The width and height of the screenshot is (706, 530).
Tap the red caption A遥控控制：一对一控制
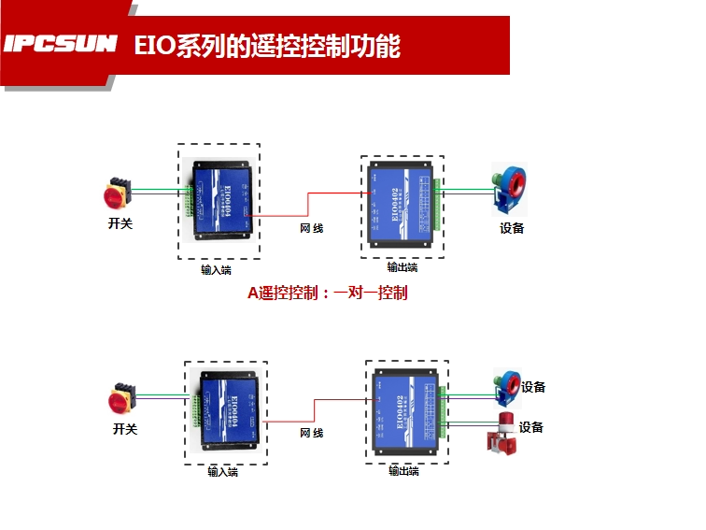(327, 293)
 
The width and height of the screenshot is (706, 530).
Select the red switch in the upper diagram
(119, 193)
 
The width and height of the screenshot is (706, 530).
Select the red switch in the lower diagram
(122, 397)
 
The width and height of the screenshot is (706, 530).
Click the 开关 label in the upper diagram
(120, 224)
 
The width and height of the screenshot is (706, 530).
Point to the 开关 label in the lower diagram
(124, 429)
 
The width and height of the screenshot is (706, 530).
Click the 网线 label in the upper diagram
(312, 228)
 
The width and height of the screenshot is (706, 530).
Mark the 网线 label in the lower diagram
(312, 434)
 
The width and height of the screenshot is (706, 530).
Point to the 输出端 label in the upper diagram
(402, 267)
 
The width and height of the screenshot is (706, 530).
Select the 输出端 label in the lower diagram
(403, 472)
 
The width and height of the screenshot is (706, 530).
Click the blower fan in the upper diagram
(510, 186)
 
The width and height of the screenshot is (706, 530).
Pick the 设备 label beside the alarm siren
(531, 427)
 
